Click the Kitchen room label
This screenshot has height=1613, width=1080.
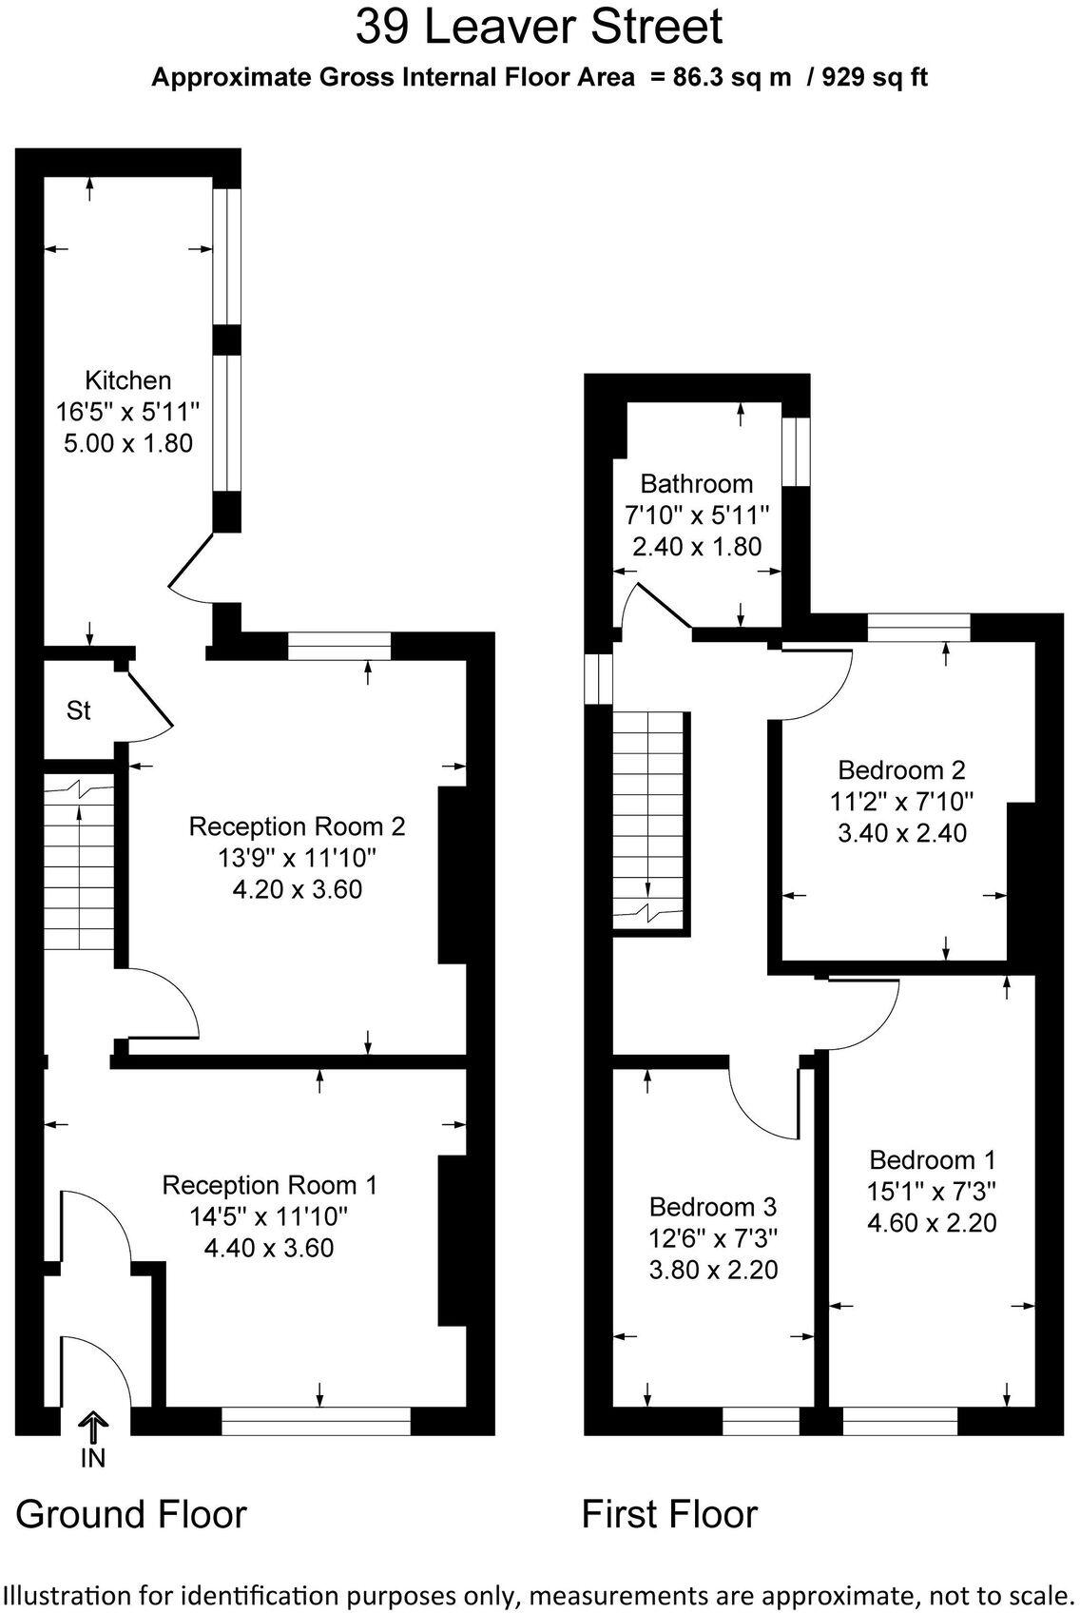[x=128, y=380]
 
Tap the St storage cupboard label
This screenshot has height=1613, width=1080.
[x=78, y=710]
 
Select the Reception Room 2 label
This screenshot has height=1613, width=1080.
[x=297, y=826]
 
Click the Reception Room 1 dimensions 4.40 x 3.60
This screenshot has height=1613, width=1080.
[x=269, y=1247]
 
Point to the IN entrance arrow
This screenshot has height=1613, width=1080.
[x=93, y=1429]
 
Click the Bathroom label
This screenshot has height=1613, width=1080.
[x=696, y=483]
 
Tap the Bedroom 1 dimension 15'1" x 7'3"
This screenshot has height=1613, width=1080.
[x=932, y=1191]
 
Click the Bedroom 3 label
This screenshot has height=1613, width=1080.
[x=713, y=1206]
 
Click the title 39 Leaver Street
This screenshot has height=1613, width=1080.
[x=539, y=27]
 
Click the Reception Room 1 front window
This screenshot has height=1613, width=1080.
[x=316, y=1421]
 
